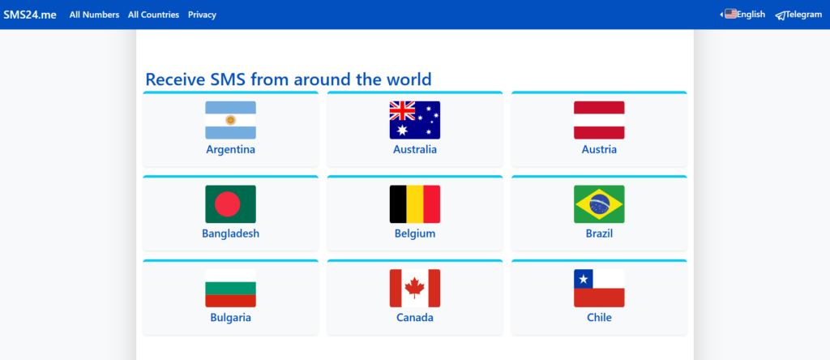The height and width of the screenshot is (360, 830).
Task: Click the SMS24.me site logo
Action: [30, 15]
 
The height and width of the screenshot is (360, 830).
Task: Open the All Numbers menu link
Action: [94, 15]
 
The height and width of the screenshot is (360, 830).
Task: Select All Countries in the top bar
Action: [153, 15]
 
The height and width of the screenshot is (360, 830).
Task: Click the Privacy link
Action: [202, 15]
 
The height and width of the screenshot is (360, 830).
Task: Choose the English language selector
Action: [745, 15]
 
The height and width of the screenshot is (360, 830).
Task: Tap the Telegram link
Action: [798, 15]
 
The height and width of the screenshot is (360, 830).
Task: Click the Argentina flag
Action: [231, 120]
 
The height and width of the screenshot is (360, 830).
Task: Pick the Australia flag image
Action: [415, 120]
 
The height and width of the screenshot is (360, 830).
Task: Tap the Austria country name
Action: [599, 149]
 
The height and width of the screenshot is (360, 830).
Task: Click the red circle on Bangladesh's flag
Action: [228, 204]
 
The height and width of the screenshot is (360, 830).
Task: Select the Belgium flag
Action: [415, 204]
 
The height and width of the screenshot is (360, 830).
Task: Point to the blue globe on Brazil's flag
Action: [599, 204]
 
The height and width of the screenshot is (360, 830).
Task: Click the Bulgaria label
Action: [231, 318]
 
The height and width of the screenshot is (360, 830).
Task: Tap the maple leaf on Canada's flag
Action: [415, 288]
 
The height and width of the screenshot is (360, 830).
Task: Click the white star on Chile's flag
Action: [584, 278]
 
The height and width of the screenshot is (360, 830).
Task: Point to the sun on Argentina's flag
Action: [231, 120]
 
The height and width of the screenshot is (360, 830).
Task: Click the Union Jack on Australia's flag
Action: [402, 110]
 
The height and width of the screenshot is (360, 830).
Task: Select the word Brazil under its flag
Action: [599, 234]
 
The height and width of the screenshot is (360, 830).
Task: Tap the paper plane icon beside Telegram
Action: [781, 15]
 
